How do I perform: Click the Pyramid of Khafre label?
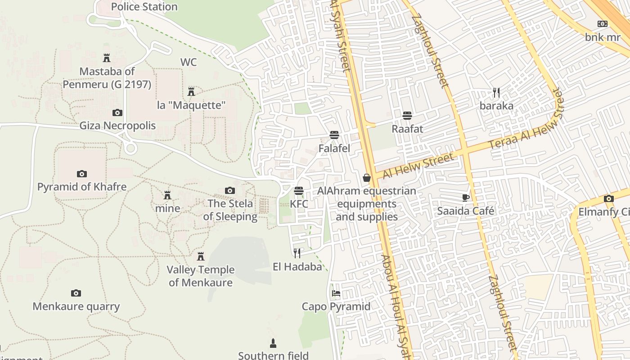click(81, 186)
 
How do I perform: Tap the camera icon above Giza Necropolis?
click(117, 112)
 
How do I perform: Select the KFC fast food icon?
click(299, 191)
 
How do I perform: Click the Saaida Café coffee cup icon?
click(466, 198)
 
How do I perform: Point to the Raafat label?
click(407, 129)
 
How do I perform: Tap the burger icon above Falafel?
click(334, 135)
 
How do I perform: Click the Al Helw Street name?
click(418, 166)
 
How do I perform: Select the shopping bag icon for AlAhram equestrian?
click(367, 178)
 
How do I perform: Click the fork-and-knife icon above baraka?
click(496, 93)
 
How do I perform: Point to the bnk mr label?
click(603, 37)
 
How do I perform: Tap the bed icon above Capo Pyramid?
click(336, 294)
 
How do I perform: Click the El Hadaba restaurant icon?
click(297, 253)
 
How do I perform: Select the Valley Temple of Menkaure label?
click(201, 276)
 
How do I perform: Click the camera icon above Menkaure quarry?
click(76, 293)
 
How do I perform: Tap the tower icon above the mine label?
click(167, 195)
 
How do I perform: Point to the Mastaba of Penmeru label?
click(107, 78)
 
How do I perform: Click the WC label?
click(189, 62)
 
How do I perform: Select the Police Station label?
click(144, 7)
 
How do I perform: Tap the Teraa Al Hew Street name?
click(526, 119)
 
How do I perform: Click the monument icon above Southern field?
click(273, 343)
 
